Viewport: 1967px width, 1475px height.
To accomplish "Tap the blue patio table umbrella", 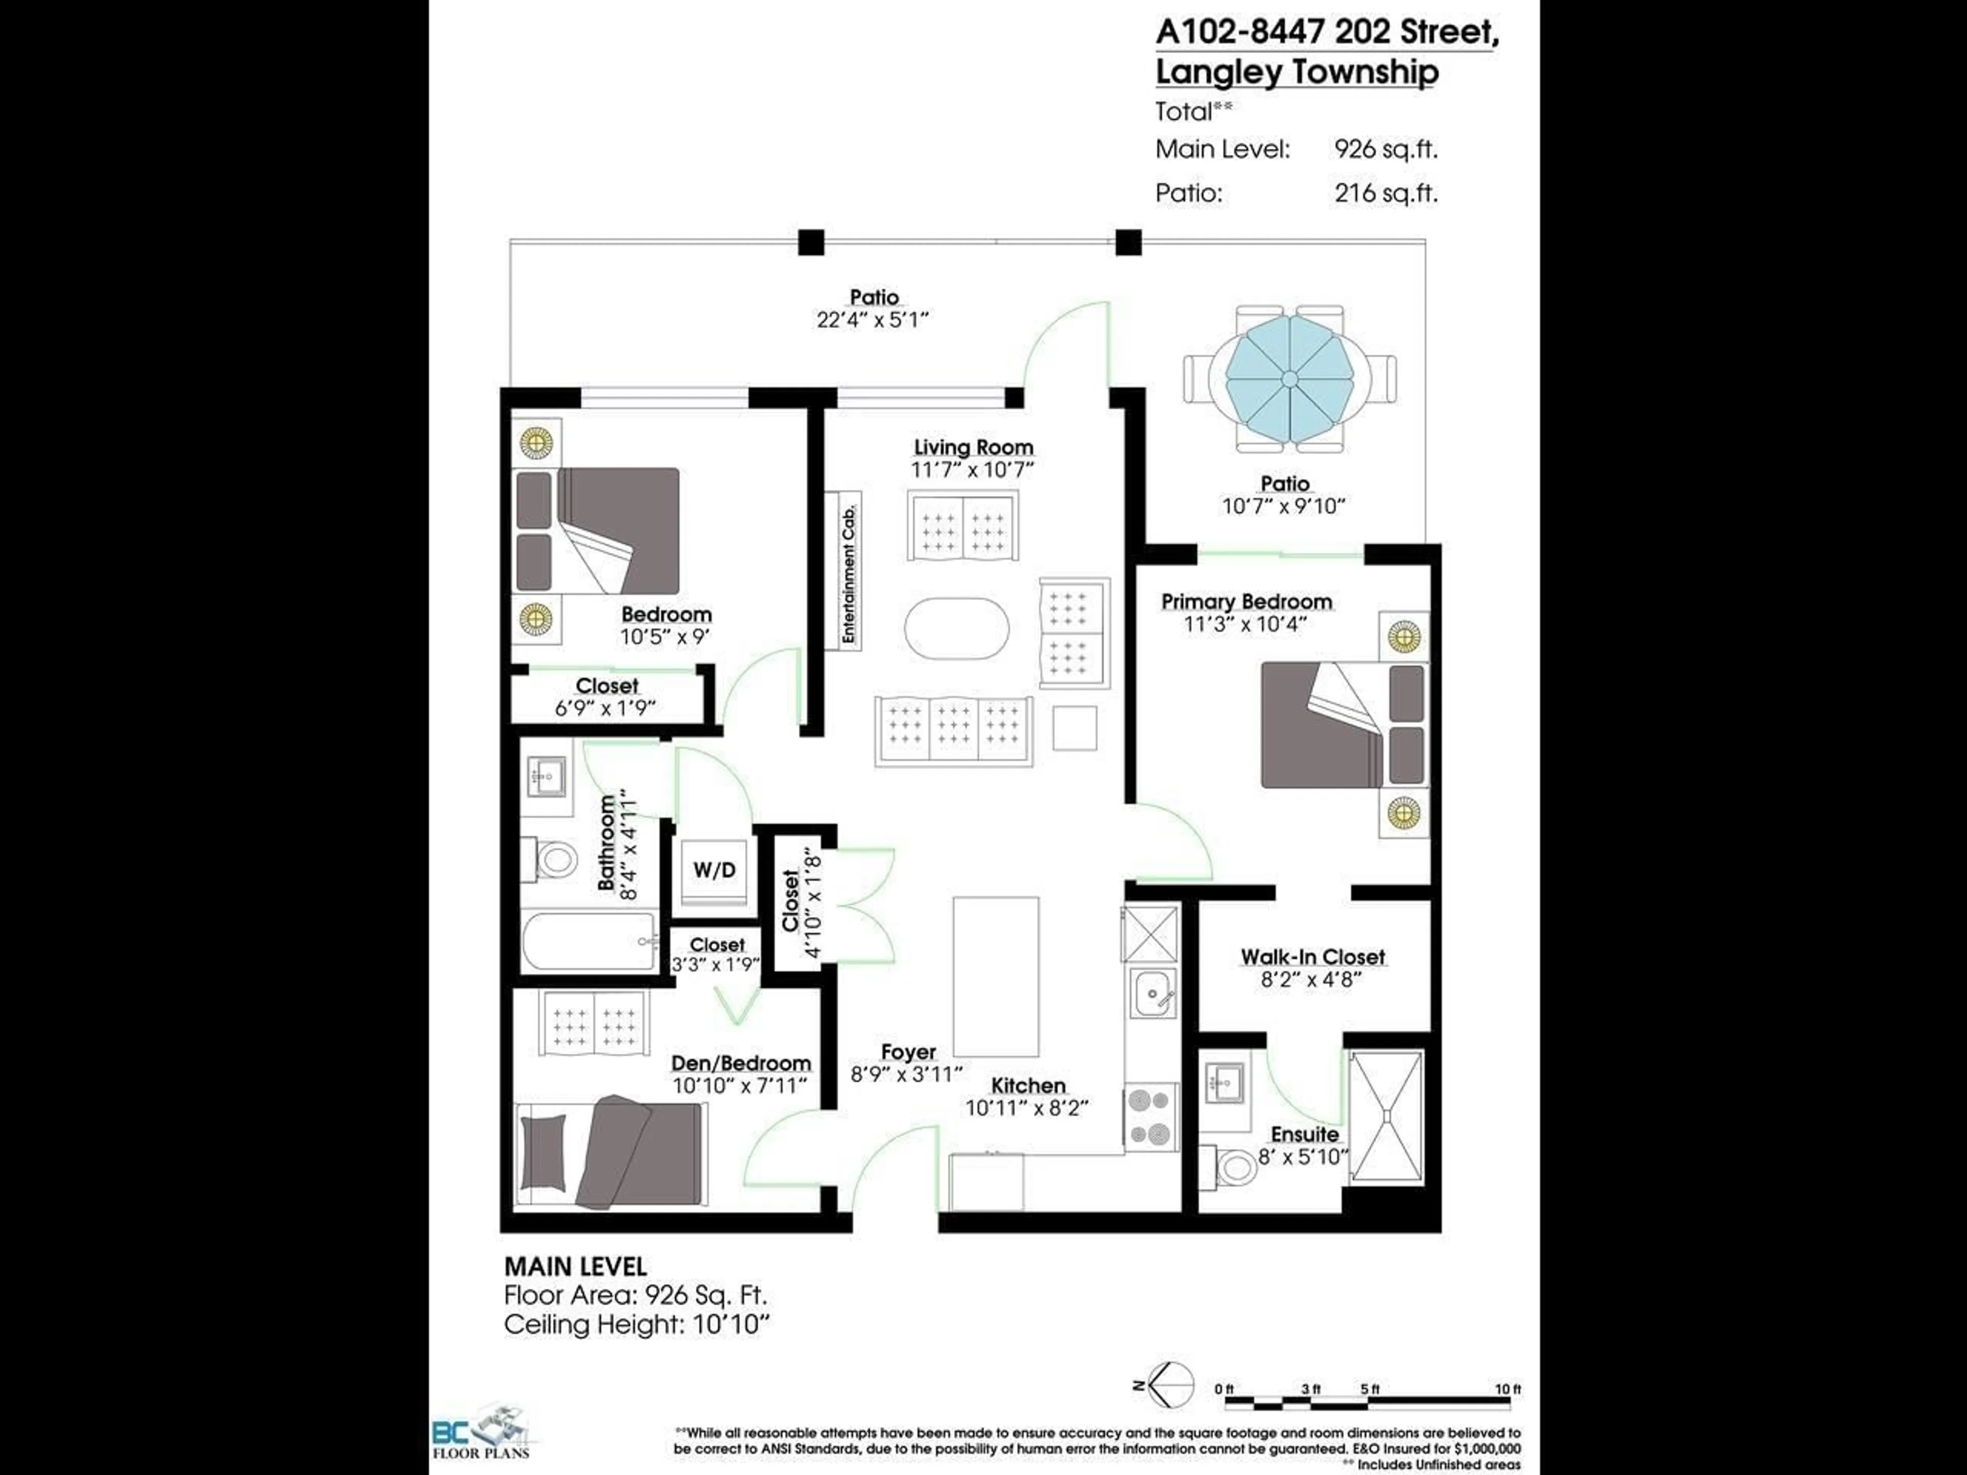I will point(1288,378).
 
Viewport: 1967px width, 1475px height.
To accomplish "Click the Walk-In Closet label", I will point(1312,957).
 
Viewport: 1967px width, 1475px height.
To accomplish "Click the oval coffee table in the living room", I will point(957,628).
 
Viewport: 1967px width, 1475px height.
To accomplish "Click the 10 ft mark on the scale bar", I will point(1507,1389).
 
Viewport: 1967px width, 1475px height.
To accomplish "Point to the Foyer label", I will point(908,1052).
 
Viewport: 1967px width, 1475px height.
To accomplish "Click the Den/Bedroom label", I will point(741,1063).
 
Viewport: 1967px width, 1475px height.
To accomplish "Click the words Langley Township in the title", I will point(1296,72).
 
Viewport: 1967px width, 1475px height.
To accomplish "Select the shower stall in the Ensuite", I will point(1386,1116).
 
